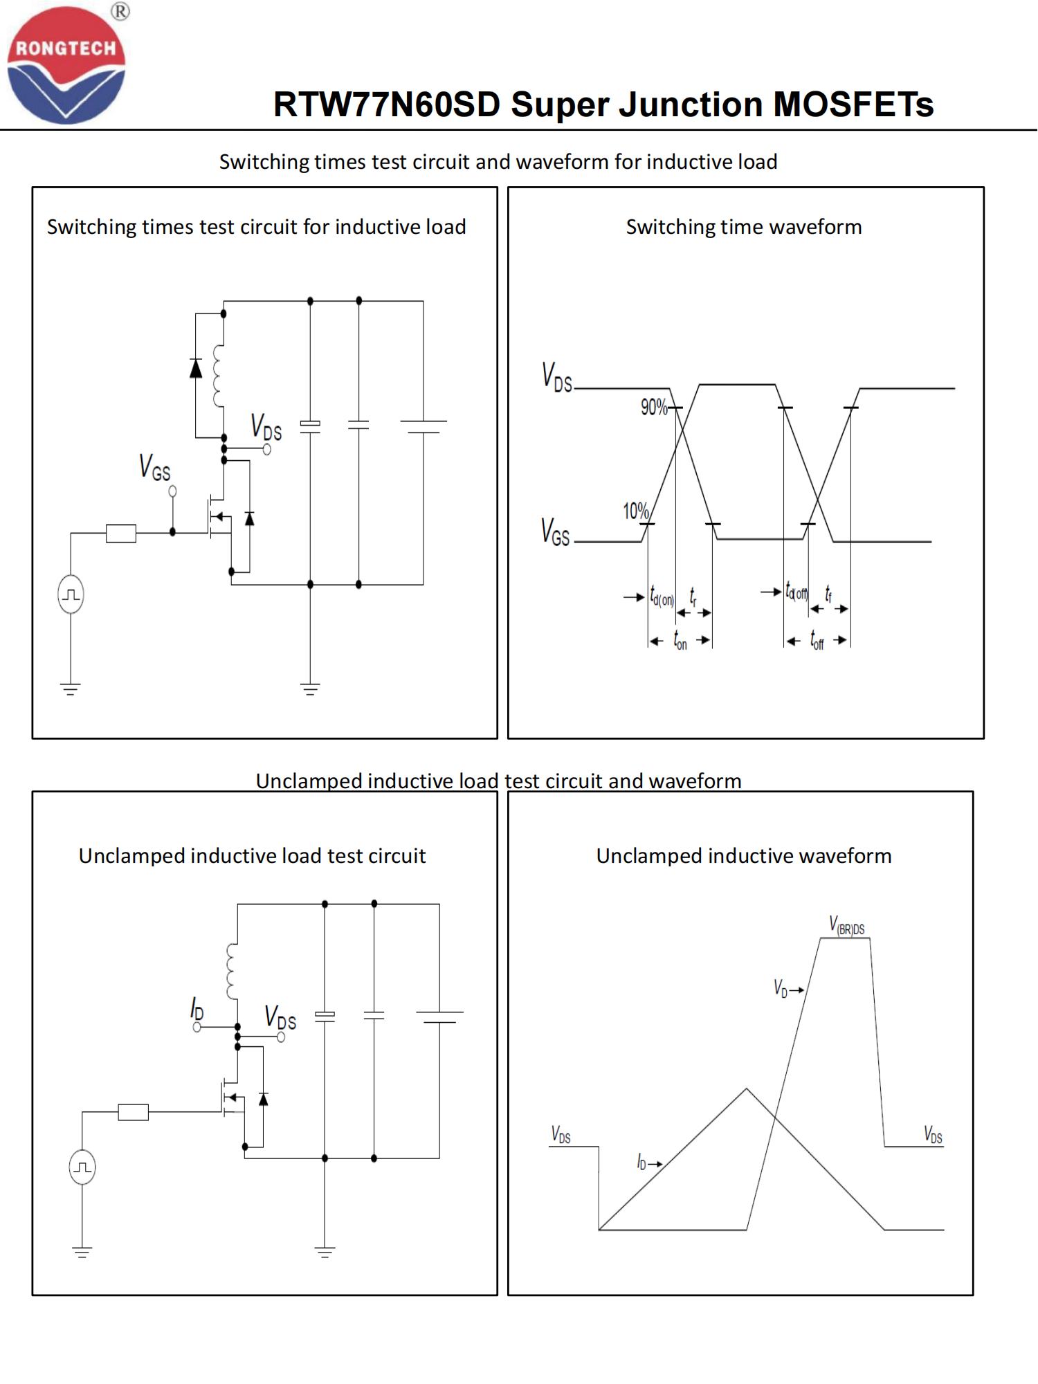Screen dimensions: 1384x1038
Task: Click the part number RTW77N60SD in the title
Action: (386, 105)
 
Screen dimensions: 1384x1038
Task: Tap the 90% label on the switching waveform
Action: (653, 407)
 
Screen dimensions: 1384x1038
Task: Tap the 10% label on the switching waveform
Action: (635, 511)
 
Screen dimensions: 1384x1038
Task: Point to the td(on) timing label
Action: (662, 597)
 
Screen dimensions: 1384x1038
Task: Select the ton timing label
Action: (680, 641)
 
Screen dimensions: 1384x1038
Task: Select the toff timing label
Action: (817, 641)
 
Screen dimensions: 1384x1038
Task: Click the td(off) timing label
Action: (796, 592)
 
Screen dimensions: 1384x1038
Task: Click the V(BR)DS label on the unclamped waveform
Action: (846, 926)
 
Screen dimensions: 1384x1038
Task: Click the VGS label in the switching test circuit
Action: (154, 467)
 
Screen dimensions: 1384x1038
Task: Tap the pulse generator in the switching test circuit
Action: (71, 594)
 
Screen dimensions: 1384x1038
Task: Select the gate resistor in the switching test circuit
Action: (121, 533)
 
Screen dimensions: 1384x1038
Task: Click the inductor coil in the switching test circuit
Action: (219, 375)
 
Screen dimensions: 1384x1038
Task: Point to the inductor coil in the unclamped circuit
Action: (232, 971)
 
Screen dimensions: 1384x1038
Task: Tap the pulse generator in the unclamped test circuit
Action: (82, 1167)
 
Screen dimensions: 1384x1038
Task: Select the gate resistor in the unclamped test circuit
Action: (133, 1112)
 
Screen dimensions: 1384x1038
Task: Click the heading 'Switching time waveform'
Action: (744, 227)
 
